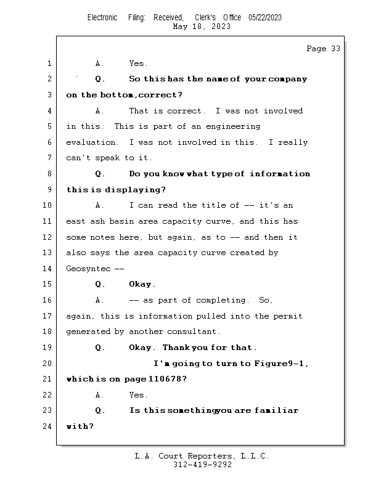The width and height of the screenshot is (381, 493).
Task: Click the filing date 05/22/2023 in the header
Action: tap(265, 18)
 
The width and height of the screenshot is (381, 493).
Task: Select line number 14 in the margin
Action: tap(48, 269)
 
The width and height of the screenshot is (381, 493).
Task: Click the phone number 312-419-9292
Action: tap(202, 465)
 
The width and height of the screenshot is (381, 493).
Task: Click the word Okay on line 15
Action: tap(142, 285)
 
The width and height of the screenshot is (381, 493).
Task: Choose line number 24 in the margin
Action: tap(48, 426)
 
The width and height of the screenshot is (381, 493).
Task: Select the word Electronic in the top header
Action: tap(102, 18)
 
